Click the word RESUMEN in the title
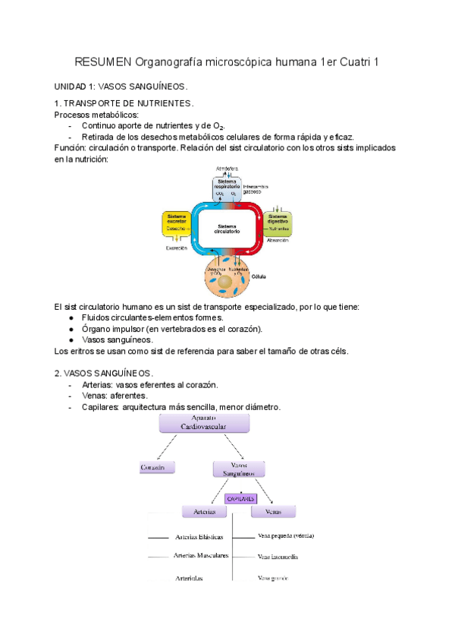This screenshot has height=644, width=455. click(102, 62)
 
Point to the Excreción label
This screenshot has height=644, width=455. click(176, 248)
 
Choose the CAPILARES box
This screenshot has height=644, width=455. click(240, 499)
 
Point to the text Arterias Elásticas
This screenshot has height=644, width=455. click(199, 536)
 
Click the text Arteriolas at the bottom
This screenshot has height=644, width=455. click(189, 578)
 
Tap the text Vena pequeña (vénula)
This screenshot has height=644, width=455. click(286, 535)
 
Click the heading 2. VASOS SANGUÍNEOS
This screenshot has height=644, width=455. click(104, 374)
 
